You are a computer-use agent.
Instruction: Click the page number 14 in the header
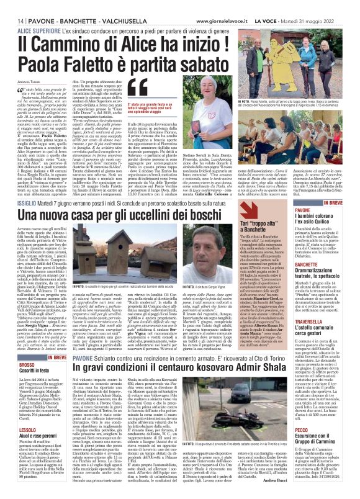click(x=12, y=6)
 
